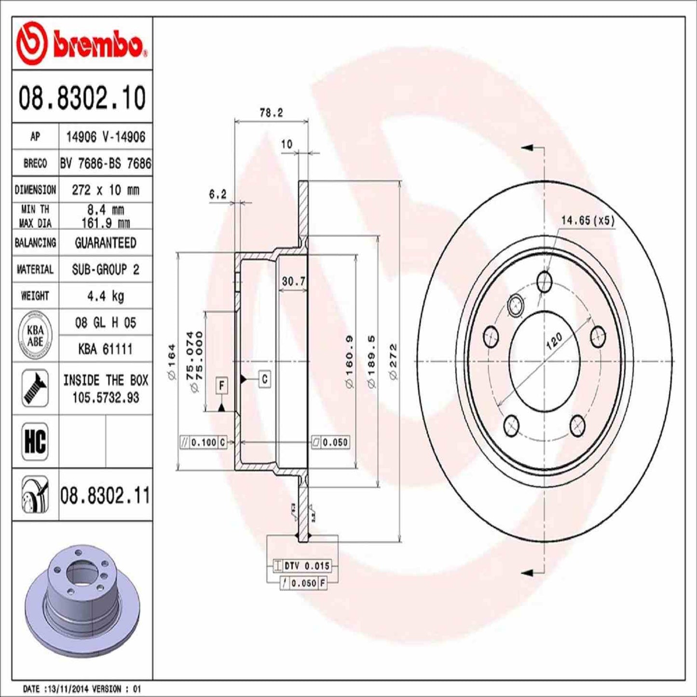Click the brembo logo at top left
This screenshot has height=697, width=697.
[x=82, y=44]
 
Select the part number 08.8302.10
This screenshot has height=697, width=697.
[x=82, y=97]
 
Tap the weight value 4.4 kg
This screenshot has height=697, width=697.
[x=105, y=296]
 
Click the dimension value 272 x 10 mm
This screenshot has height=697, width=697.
[x=105, y=190]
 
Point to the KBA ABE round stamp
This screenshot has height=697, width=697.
[x=35, y=336]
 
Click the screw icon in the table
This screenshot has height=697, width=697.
[x=35, y=388]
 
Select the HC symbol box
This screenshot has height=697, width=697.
[x=35, y=441]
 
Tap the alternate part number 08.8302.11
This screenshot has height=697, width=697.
[x=105, y=496]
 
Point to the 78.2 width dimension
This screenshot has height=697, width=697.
[x=271, y=113]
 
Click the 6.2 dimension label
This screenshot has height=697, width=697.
[x=218, y=194]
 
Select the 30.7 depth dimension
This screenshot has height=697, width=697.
[x=293, y=281]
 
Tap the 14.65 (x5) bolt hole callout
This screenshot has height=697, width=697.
[x=588, y=220]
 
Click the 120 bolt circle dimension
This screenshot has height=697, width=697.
[x=554, y=342]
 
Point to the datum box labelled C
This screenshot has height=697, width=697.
[x=265, y=379]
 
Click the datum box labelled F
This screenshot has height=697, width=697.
[x=221, y=385]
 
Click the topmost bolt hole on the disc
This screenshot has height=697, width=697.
[x=545, y=281]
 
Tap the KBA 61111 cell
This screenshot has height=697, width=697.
[x=105, y=349]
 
